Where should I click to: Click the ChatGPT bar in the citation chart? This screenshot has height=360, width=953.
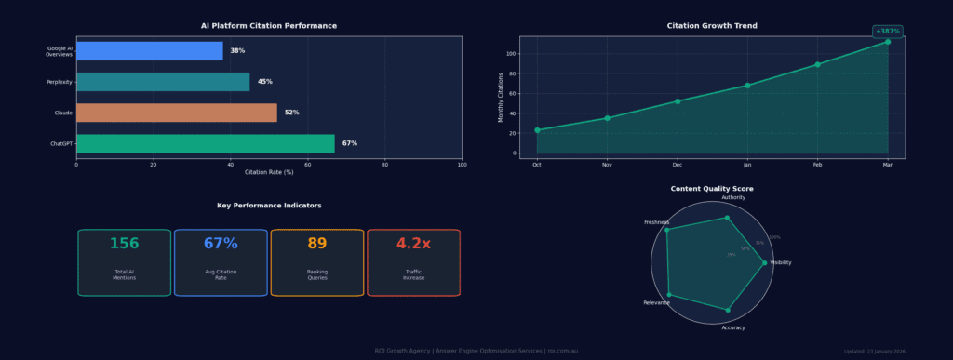click(x=205, y=143)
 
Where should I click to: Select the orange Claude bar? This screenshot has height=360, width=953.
click(x=177, y=113)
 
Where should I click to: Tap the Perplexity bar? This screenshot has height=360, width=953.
click(x=163, y=82)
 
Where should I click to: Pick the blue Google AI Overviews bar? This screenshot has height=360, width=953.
click(x=149, y=50)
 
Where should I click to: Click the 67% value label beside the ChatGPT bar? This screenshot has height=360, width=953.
click(x=349, y=143)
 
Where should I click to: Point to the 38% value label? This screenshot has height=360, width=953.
click(x=237, y=51)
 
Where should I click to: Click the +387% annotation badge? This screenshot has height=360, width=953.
click(x=888, y=31)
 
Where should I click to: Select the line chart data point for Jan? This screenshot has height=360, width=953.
click(x=747, y=86)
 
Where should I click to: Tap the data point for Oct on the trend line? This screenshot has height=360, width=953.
click(x=537, y=130)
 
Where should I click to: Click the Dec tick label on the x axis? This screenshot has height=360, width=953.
click(x=678, y=165)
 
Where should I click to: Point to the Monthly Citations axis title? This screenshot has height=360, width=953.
click(x=500, y=97)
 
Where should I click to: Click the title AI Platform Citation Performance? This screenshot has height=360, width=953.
click(x=269, y=26)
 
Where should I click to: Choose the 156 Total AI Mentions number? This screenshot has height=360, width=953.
click(x=124, y=244)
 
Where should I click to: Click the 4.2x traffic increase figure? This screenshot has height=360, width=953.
click(x=413, y=244)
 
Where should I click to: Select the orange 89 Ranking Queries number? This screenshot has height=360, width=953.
click(x=316, y=244)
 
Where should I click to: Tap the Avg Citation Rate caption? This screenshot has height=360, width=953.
click(x=221, y=274)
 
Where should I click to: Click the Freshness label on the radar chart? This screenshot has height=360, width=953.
click(x=656, y=222)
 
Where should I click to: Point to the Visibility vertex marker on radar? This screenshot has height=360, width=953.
click(x=765, y=263)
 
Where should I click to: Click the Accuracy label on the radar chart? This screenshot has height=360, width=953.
click(x=732, y=327)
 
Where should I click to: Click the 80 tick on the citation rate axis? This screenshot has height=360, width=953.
click(x=385, y=165)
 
